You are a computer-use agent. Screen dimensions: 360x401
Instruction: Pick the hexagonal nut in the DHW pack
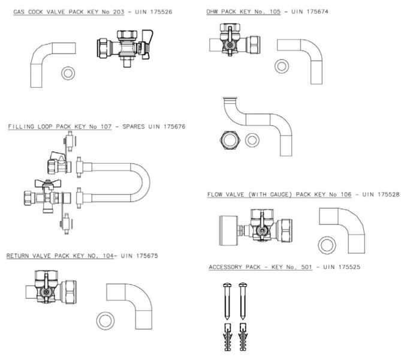(x=230, y=139)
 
